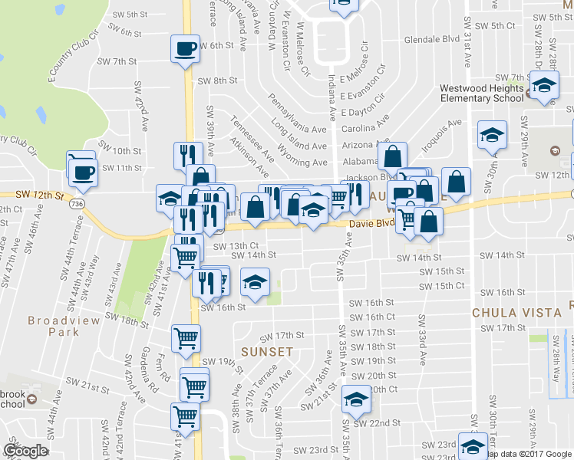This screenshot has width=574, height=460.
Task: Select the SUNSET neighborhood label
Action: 267,351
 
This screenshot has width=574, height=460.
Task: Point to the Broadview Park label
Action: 53,326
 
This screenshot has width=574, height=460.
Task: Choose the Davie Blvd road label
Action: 371,225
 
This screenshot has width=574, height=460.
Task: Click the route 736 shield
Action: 75,205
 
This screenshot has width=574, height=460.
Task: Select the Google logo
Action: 25,451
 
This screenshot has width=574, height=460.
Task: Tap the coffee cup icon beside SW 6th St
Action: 185,49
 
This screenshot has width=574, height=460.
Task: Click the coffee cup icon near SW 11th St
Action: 83,172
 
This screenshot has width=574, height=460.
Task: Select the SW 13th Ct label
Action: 226,245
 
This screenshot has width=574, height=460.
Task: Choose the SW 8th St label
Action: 217,80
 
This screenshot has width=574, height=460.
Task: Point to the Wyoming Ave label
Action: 308,163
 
